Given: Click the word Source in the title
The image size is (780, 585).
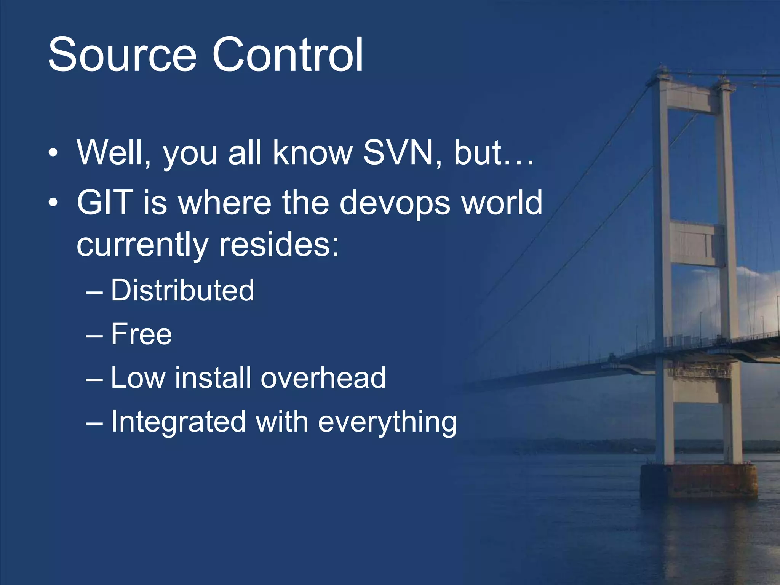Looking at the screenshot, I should (122, 54).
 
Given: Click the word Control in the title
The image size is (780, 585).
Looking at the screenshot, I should (288, 54).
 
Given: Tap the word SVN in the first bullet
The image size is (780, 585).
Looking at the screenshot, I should (398, 153).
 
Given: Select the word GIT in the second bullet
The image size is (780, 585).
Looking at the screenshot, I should (105, 203).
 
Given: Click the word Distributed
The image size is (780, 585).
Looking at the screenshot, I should (182, 290).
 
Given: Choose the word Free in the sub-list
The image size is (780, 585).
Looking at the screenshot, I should (141, 334).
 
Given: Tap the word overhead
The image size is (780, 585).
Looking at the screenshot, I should (323, 378).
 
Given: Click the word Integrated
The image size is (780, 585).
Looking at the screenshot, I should (178, 422).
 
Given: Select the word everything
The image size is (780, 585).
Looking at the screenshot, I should (387, 422).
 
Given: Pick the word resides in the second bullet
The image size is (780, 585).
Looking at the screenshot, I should (279, 245).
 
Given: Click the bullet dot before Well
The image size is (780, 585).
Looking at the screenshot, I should (53, 153).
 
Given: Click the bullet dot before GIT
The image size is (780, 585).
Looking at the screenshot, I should (53, 203).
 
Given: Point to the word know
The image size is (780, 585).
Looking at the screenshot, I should (312, 153).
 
